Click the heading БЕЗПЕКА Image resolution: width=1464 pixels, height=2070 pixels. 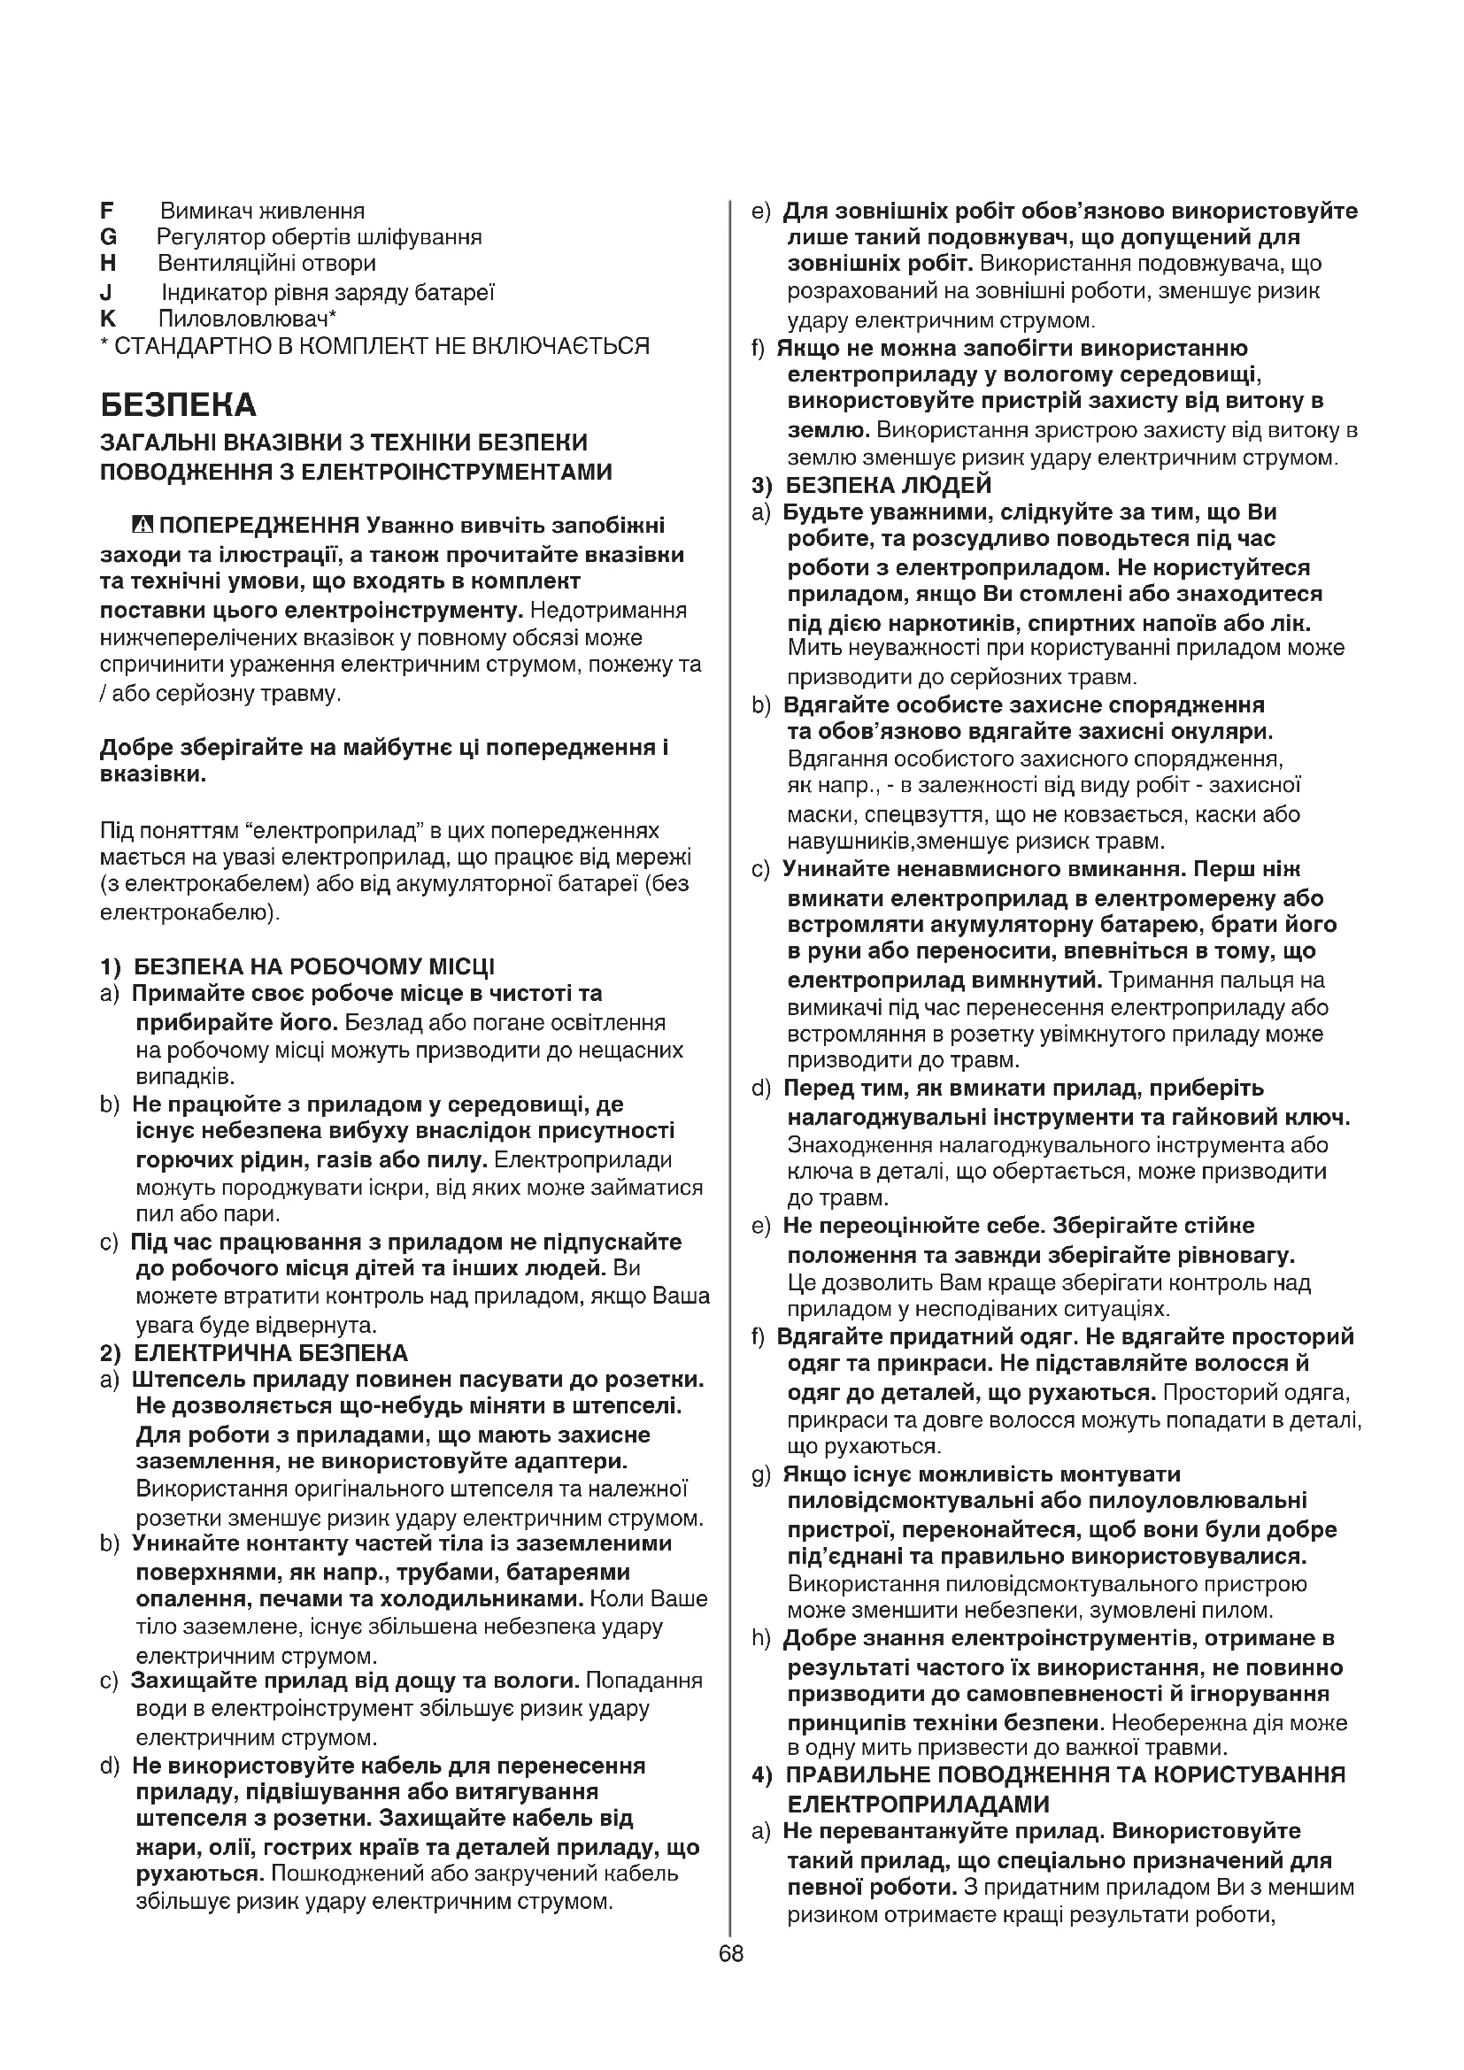click(179, 404)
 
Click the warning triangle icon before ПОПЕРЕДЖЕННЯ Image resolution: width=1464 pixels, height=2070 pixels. click(143, 525)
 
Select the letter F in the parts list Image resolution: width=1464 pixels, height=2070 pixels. click(107, 211)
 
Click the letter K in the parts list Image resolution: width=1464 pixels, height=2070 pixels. click(108, 319)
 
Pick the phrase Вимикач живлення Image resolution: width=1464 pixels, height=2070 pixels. click(262, 211)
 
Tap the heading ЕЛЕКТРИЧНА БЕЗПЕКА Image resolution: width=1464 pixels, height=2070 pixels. click(271, 1352)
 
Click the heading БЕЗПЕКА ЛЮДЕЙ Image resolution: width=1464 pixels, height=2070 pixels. click(888, 485)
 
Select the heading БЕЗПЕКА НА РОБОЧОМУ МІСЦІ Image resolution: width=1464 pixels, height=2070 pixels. click(313, 966)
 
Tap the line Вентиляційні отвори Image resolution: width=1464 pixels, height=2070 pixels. click(266, 263)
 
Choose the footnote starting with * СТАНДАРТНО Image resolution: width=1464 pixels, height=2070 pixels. click(374, 345)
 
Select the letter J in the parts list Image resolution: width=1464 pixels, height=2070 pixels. click(106, 292)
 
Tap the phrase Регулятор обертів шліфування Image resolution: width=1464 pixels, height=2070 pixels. click(320, 237)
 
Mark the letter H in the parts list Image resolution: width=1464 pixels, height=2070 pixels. click(108, 263)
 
